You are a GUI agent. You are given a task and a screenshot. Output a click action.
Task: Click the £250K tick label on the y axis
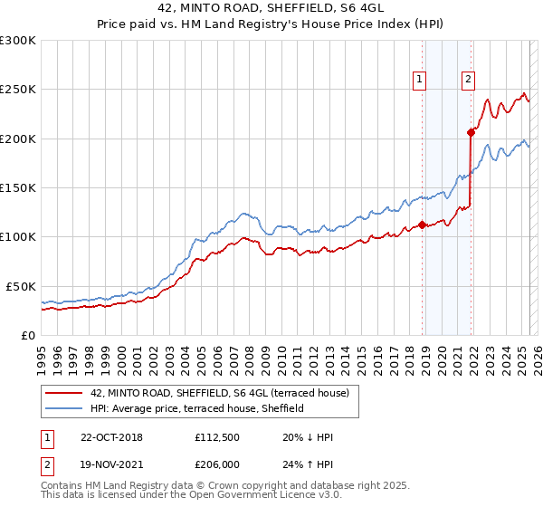(x=18, y=90)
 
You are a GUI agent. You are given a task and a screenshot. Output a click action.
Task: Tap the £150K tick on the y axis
(x=18, y=187)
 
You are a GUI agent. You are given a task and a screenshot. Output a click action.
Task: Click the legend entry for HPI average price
(x=196, y=408)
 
